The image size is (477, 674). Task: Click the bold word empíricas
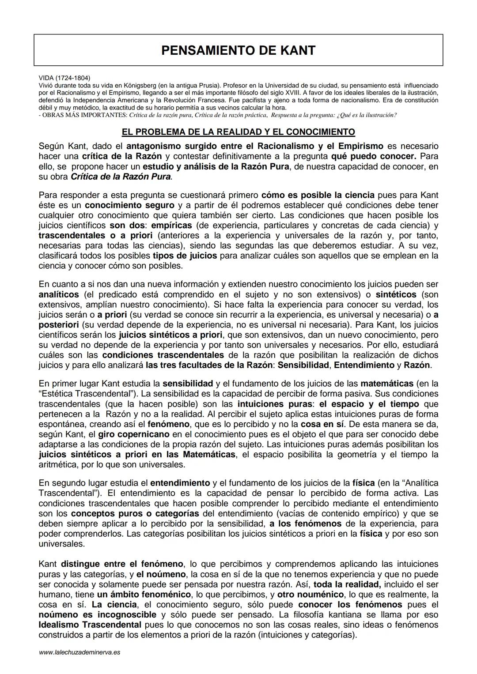tap(172, 225)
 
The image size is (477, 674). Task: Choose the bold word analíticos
tap(59, 294)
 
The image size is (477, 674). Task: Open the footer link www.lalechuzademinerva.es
tap(79, 652)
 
